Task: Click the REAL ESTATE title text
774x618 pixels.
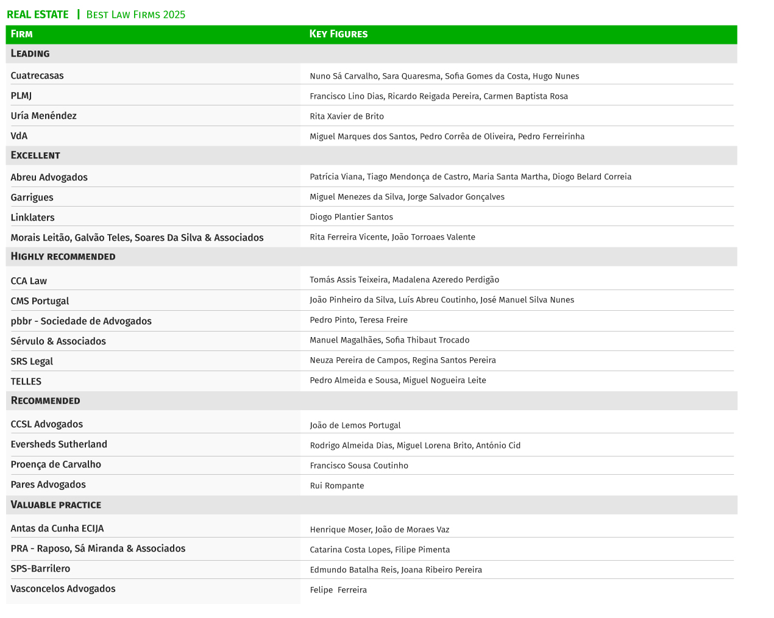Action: [x=38, y=15]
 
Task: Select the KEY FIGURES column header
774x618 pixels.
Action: [x=338, y=34]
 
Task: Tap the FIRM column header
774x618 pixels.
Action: [x=22, y=34]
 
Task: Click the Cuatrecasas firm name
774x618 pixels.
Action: [x=37, y=76]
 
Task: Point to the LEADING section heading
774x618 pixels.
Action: [x=30, y=54]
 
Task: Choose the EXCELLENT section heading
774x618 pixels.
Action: [x=35, y=155]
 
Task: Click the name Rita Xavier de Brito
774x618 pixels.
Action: [x=347, y=116]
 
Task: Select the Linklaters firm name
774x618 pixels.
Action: [x=32, y=218]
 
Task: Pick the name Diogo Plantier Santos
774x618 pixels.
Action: [x=351, y=217]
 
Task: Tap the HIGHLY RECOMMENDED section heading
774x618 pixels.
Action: [x=63, y=257]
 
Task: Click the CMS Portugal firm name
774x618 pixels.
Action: [x=40, y=301]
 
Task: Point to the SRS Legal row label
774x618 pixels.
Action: [x=32, y=361]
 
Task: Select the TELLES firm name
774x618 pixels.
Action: [x=26, y=382]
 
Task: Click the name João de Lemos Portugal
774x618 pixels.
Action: [x=355, y=425]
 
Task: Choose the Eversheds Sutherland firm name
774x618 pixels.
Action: [x=59, y=444]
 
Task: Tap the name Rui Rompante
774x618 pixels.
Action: [x=337, y=486]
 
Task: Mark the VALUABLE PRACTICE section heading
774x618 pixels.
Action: [x=56, y=505]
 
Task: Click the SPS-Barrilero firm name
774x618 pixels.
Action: [x=40, y=569]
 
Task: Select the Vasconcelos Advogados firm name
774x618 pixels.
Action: [x=63, y=589]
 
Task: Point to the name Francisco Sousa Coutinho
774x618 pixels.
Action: [x=359, y=466]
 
